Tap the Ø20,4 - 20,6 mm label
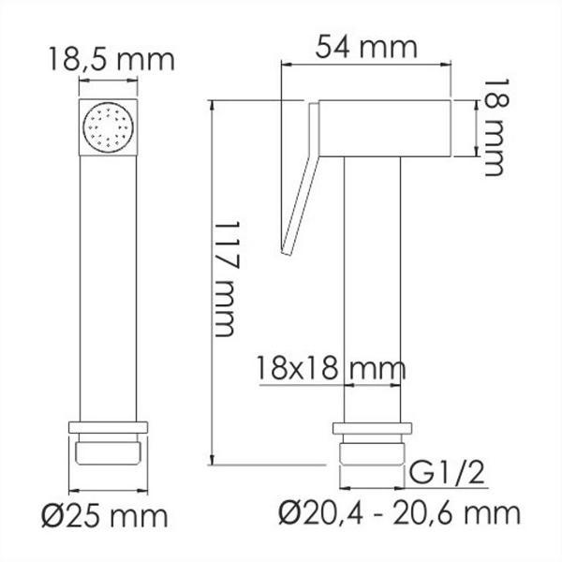[400, 513]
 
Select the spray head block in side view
[384, 128]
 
